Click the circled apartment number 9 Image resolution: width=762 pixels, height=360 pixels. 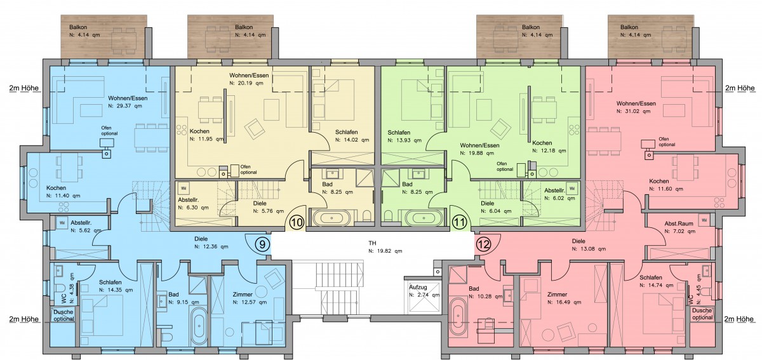262,244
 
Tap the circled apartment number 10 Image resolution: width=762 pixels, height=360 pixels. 297,223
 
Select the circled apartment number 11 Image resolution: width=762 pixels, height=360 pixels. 459,223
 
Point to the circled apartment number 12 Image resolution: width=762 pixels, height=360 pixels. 483,244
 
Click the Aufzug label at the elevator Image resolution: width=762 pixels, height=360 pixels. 418,287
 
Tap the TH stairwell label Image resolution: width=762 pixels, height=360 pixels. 372,243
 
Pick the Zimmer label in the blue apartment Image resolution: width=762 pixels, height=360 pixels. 243,295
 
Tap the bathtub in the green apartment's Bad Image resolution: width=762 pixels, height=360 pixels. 424,218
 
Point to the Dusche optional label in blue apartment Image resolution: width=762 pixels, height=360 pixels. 63,316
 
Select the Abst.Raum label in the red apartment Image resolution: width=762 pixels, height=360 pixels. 679,223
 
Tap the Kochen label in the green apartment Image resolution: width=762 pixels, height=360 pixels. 542,143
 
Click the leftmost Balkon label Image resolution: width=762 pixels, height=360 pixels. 78,27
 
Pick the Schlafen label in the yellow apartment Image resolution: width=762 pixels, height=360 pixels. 346,132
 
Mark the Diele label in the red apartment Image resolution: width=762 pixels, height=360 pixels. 578,241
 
